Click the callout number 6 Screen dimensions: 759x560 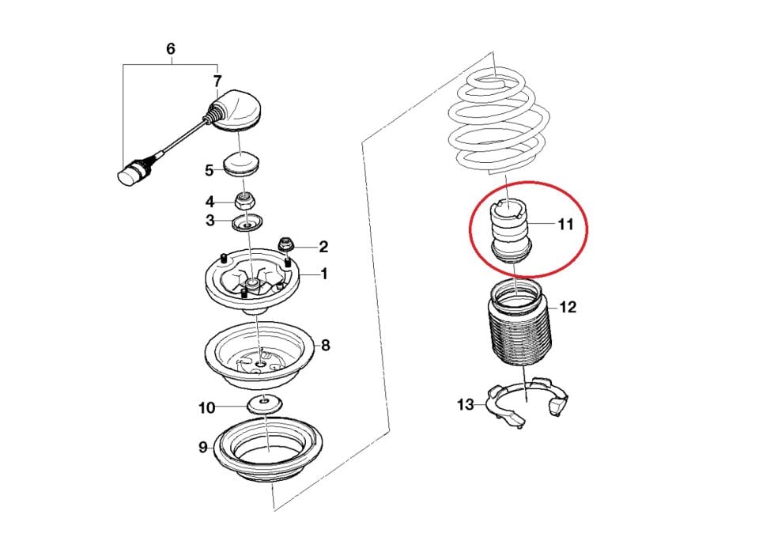171,49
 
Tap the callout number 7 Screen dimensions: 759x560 217,81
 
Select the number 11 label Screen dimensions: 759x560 565,225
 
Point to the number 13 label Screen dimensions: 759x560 466,404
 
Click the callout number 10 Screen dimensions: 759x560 206,408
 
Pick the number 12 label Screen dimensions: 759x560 568,307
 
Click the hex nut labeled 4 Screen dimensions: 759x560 245,199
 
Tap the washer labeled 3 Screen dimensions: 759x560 247,223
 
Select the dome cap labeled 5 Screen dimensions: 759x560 243,165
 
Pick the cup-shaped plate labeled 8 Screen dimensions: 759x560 260,356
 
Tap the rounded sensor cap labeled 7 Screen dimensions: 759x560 236,112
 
